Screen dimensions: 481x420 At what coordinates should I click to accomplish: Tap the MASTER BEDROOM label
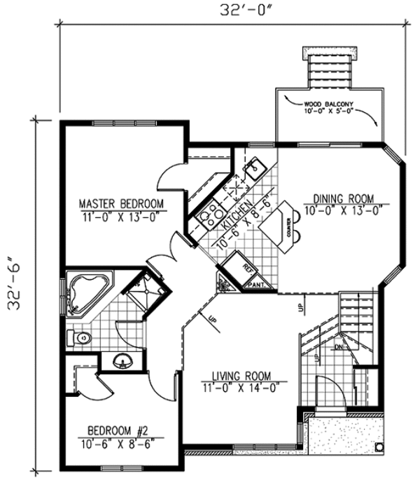coord(121,203)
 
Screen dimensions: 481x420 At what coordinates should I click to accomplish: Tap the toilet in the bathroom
coord(79,338)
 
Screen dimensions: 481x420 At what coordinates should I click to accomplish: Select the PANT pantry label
coord(255,285)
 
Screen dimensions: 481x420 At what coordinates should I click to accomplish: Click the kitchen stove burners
coord(208,215)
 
